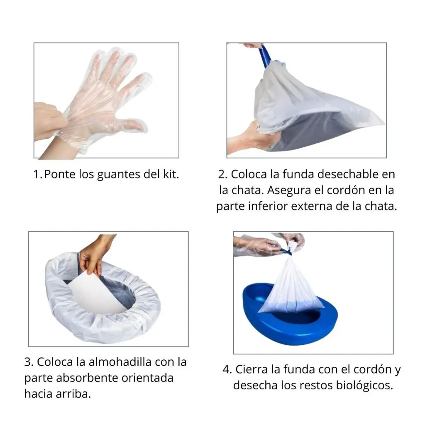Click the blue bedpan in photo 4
[x=291, y=320]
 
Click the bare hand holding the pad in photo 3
[x=93, y=253]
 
